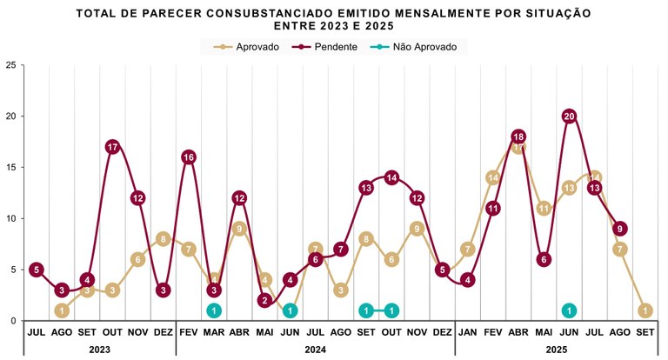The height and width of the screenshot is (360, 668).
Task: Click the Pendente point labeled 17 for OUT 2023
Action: [x=112, y=147]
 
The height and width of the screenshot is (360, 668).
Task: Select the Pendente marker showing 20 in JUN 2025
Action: [x=570, y=116]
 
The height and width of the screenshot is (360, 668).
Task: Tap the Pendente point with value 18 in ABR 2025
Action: [x=518, y=137]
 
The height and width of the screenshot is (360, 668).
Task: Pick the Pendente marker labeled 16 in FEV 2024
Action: [x=189, y=157]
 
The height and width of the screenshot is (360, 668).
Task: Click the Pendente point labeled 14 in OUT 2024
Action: [x=391, y=177]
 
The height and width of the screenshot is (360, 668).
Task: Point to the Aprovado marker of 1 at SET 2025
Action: [x=645, y=310]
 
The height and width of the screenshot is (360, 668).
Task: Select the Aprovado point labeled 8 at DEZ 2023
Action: [x=163, y=239]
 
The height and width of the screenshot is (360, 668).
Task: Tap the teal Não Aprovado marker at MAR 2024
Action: [x=214, y=310]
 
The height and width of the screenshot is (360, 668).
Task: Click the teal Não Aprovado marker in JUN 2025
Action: [x=569, y=310]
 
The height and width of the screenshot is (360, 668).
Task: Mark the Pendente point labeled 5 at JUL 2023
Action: [x=36, y=270]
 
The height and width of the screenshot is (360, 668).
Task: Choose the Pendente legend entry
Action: [x=327, y=47]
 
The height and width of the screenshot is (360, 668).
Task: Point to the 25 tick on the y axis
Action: [x=10, y=65]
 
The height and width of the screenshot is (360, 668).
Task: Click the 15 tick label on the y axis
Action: [x=10, y=168]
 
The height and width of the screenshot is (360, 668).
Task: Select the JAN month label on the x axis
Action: [x=468, y=332]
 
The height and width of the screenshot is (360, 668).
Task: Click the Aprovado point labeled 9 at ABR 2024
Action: [x=239, y=230]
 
